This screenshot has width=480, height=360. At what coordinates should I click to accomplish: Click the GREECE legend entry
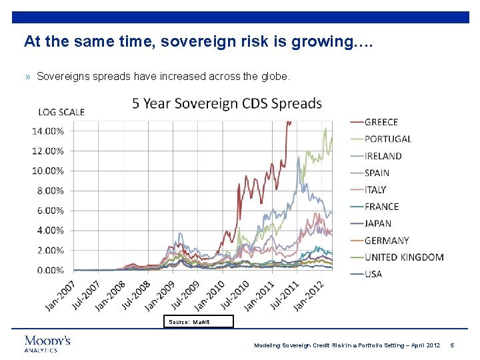[x=381, y=122]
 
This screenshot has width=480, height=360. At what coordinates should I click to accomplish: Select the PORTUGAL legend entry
[x=387, y=139]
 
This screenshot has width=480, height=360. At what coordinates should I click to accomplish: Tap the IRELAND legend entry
[x=383, y=156]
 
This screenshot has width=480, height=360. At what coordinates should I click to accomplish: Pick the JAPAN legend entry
[x=378, y=223]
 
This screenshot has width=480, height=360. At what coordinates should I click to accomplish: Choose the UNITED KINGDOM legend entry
[x=403, y=257]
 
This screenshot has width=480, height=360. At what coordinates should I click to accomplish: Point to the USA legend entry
[x=373, y=274]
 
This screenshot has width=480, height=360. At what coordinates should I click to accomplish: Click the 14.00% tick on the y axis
[x=48, y=131]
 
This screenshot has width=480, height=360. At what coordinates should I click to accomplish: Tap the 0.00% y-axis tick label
[x=50, y=270]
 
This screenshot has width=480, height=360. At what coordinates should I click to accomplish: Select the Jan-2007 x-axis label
[x=61, y=294]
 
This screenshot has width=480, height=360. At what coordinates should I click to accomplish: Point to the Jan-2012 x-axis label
[x=311, y=294]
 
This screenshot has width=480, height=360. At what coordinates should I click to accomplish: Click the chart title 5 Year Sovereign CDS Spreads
[x=227, y=104]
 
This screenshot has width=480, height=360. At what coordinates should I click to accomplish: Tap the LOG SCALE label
[x=61, y=111]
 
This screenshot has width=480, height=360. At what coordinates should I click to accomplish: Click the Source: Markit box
[x=199, y=322]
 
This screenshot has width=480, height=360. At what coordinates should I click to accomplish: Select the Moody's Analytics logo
[x=47, y=343]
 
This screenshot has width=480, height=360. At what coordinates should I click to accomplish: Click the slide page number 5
[x=452, y=345]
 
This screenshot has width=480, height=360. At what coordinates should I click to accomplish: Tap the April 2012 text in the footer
[x=424, y=345]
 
